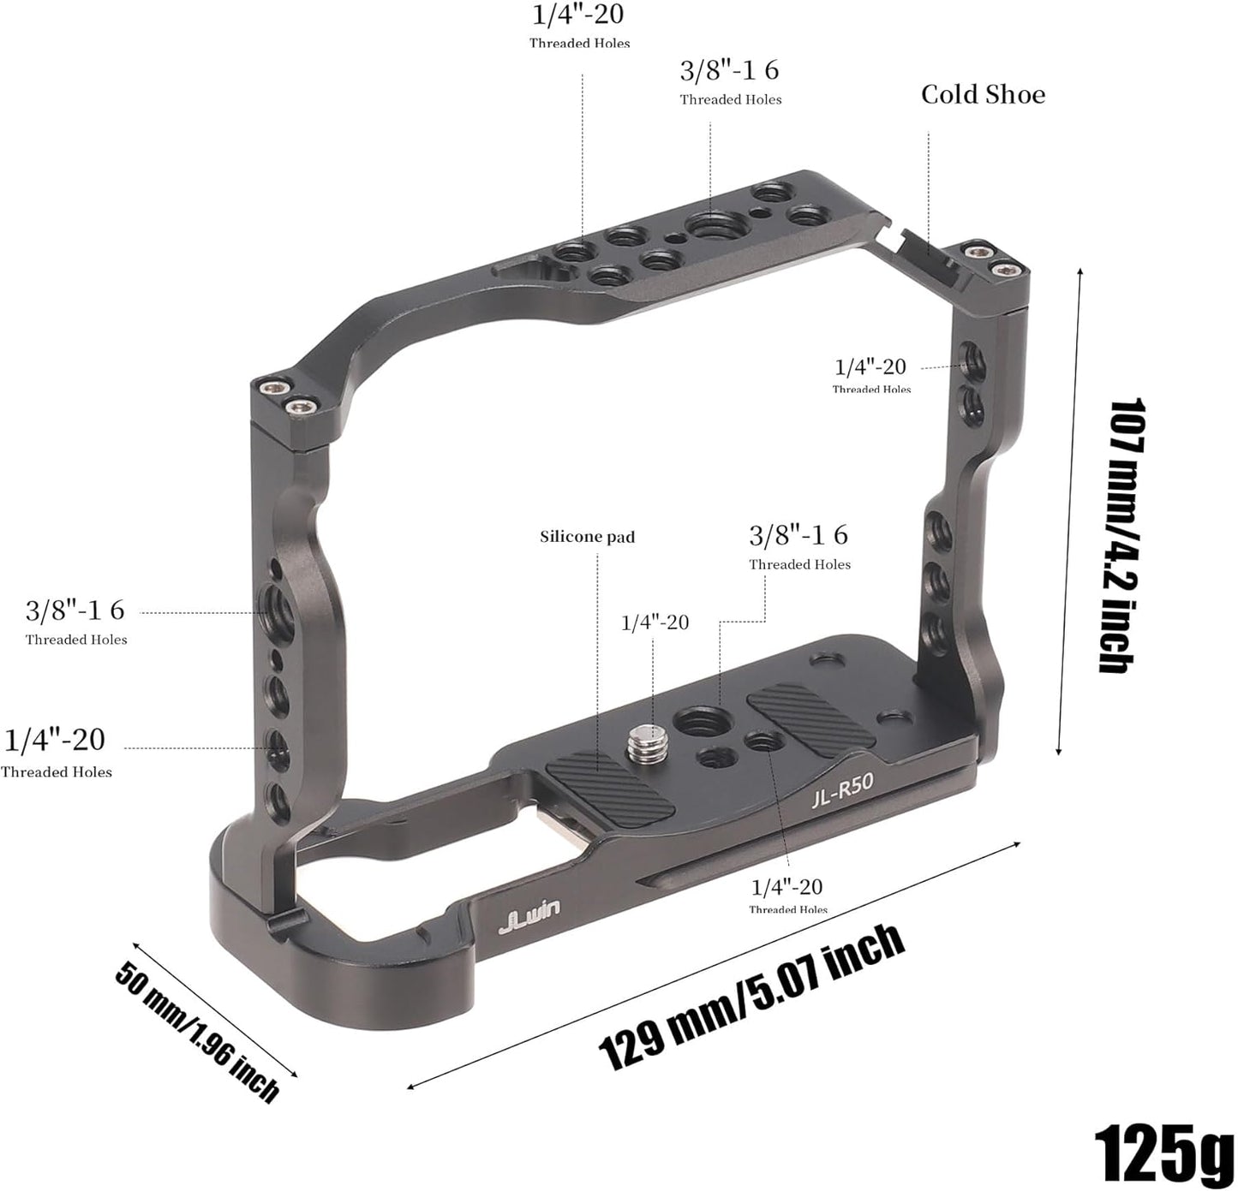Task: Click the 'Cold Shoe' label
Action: [x=983, y=94]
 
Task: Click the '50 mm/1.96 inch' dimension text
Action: [x=197, y=1031]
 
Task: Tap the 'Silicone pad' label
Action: [x=587, y=537]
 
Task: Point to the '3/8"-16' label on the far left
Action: [x=75, y=610]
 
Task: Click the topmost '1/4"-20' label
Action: [x=578, y=14]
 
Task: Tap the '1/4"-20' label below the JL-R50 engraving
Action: [x=786, y=887]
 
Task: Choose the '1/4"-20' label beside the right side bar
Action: [x=870, y=366]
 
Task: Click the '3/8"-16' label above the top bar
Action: [x=729, y=70]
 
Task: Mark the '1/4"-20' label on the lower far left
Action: [x=55, y=740]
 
